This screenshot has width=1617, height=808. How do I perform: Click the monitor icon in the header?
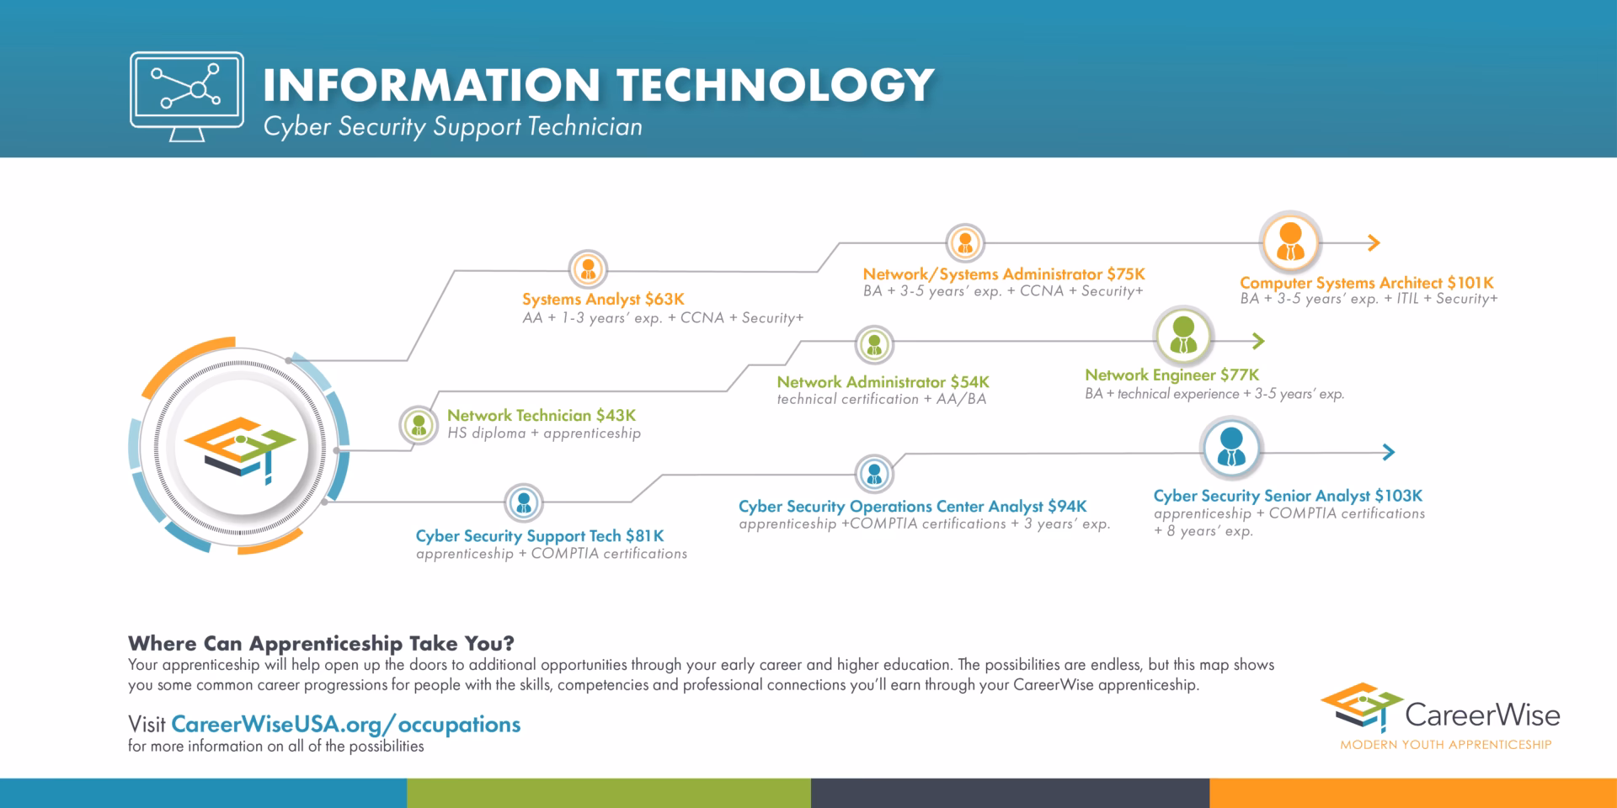coord(187,94)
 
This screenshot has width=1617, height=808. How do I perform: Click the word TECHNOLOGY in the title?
coord(775,85)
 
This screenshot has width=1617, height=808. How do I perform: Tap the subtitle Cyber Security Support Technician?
coord(452,127)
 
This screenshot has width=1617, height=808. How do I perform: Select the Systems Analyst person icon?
coord(588,269)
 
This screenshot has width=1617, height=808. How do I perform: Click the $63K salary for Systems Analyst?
coord(664,300)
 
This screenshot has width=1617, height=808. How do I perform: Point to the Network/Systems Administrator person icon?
coord(965,243)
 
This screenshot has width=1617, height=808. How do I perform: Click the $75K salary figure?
coord(1126,274)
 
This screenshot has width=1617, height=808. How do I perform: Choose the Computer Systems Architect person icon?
coord(1290,242)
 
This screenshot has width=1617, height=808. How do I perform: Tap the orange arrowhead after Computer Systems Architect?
coord(1374,243)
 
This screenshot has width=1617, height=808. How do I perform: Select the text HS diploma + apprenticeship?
coord(544,433)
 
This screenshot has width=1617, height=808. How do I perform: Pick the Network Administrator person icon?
coord(874,344)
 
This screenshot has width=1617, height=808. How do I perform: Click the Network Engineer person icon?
coord(1183,335)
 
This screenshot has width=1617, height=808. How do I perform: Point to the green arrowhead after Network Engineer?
coord(1258,341)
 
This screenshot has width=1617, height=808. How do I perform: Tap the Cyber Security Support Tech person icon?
coord(524,503)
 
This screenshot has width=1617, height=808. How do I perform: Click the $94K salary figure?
coord(1067,507)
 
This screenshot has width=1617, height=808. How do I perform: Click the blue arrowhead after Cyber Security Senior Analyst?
coord(1389,453)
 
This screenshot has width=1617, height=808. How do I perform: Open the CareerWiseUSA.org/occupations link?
coord(345,725)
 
